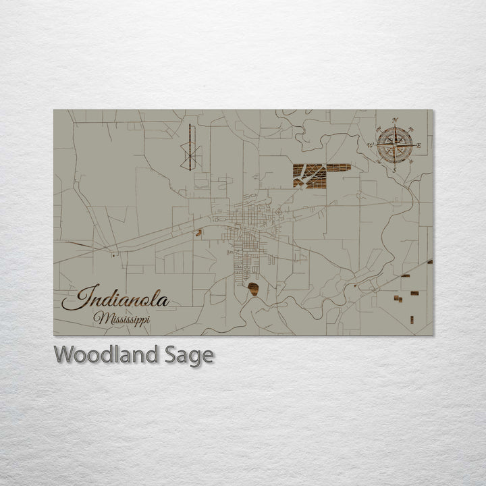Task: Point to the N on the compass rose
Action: [x=395, y=120]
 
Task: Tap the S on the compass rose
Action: [x=394, y=169]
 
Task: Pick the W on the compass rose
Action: [x=370, y=145]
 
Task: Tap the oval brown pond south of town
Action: [x=254, y=290]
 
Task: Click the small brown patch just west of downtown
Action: [x=198, y=234]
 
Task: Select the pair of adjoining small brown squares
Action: [x=395, y=298]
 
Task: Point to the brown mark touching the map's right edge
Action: [x=429, y=261]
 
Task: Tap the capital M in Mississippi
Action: [x=100, y=317]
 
